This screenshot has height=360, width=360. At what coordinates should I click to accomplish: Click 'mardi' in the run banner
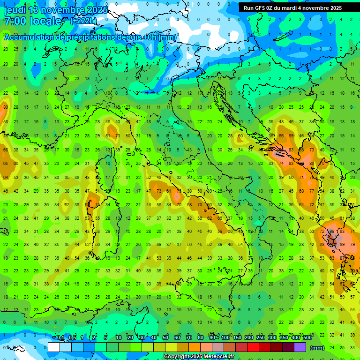[300, 8]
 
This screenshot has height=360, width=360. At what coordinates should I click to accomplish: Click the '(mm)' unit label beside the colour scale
[317, 348]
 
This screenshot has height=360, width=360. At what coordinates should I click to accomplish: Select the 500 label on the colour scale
[307, 338]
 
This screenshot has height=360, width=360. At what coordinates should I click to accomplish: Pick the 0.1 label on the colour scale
[60, 338]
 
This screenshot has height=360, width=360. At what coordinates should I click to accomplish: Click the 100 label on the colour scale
[225, 338]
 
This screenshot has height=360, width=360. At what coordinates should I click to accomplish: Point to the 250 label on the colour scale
[261, 338]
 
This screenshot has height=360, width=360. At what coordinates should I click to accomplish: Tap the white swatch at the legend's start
[54, 347]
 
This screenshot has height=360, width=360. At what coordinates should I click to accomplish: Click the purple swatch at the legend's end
[300, 347]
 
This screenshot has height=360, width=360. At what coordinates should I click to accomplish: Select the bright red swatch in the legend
[253, 347]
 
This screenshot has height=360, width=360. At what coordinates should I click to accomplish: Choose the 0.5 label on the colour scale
[72, 338]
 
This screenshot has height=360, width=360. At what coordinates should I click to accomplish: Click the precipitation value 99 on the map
[332, 232]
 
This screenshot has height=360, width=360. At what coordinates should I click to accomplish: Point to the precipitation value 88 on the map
[312, 164]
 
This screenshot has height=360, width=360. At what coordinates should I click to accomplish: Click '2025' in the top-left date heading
[94, 10]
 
